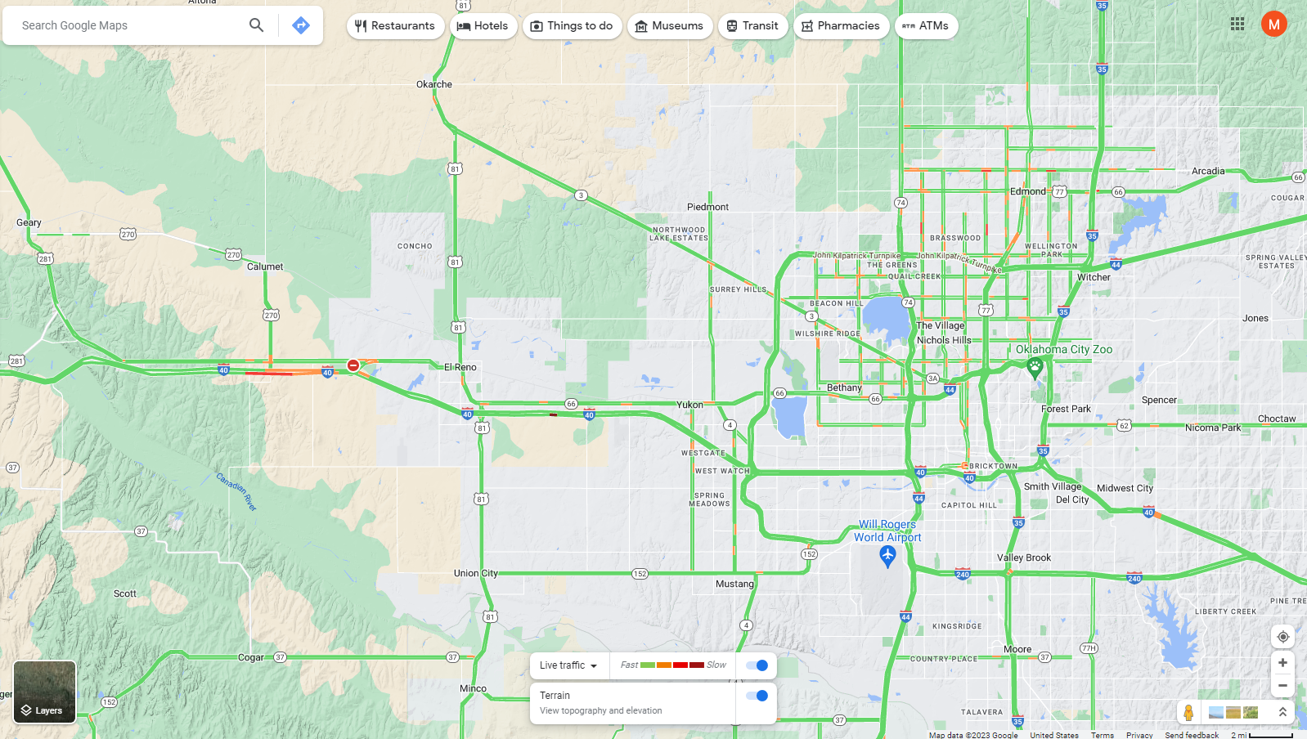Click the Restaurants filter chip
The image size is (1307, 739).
(x=395, y=26)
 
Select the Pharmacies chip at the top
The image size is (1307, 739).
(x=840, y=26)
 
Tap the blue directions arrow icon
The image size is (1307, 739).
(x=301, y=25)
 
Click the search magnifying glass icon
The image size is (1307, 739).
(x=256, y=25)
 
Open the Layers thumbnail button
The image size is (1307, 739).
(x=45, y=692)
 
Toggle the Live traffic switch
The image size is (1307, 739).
(x=757, y=665)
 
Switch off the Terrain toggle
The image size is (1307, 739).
(x=757, y=696)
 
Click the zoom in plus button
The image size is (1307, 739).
(x=1282, y=663)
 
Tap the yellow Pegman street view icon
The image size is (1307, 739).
(x=1188, y=712)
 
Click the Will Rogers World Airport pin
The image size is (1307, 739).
(x=887, y=557)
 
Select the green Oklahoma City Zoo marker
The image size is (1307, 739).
(x=1035, y=367)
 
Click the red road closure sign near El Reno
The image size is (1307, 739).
(x=353, y=365)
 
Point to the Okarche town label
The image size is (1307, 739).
(x=433, y=84)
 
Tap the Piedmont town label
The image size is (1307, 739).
(x=707, y=207)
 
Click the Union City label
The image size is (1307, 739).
(x=475, y=573)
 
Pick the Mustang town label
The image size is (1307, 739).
(x=734, y=584)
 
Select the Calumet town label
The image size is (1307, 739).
(x=265, y=266)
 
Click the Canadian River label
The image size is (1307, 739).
(x=236, y=491)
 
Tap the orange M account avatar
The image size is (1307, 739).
(x=1273, y=25)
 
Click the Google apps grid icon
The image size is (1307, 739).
(x=1237, y=25)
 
